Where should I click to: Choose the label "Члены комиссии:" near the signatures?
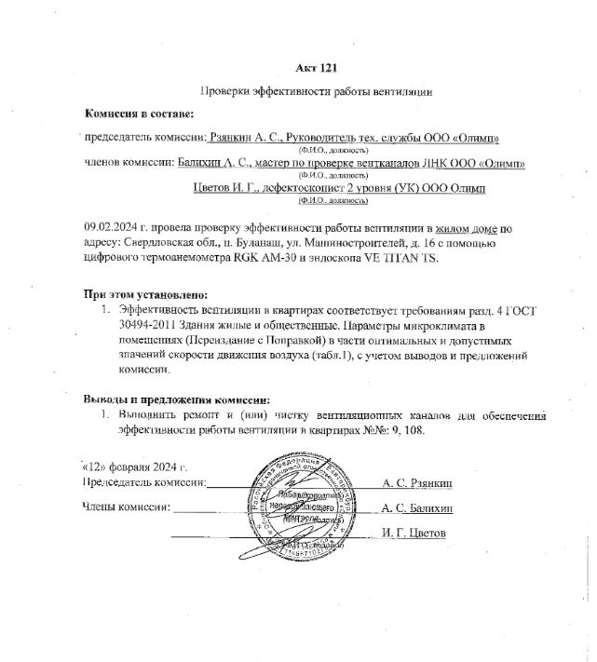pos(127,508)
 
